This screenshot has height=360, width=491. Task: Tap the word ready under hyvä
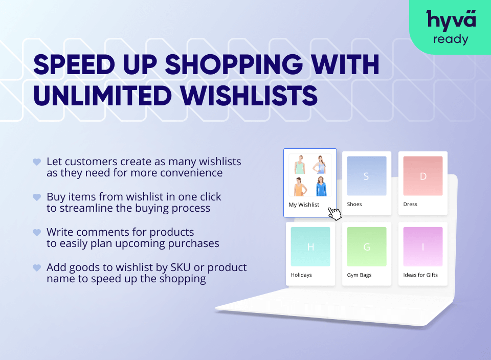click(x=451, y=39)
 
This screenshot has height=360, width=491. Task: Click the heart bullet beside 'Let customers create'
click(x=37, y=162)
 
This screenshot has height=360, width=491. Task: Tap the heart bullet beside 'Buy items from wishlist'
click(x=37, y=197)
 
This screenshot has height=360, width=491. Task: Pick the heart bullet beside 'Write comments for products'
click(x=37, y=232)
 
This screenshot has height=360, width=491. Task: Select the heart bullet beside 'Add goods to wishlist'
click(x=37, y=267)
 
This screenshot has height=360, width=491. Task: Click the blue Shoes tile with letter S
click(x=366, y=176)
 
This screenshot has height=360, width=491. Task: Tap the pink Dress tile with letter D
click(x=422, y=176)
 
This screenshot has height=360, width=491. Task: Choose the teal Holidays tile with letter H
click(x=310, y=246)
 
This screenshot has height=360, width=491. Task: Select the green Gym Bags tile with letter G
click(x=366, y=246)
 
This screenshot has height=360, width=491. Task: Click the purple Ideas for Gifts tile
click(x=422, y=246)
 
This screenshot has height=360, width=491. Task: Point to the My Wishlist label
click(x=304, y=205)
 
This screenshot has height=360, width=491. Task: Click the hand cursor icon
click(x=334, y=212)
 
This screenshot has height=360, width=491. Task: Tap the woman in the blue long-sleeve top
click(x=321, y=186)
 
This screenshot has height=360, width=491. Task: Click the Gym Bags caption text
click(x=359, y=275)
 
